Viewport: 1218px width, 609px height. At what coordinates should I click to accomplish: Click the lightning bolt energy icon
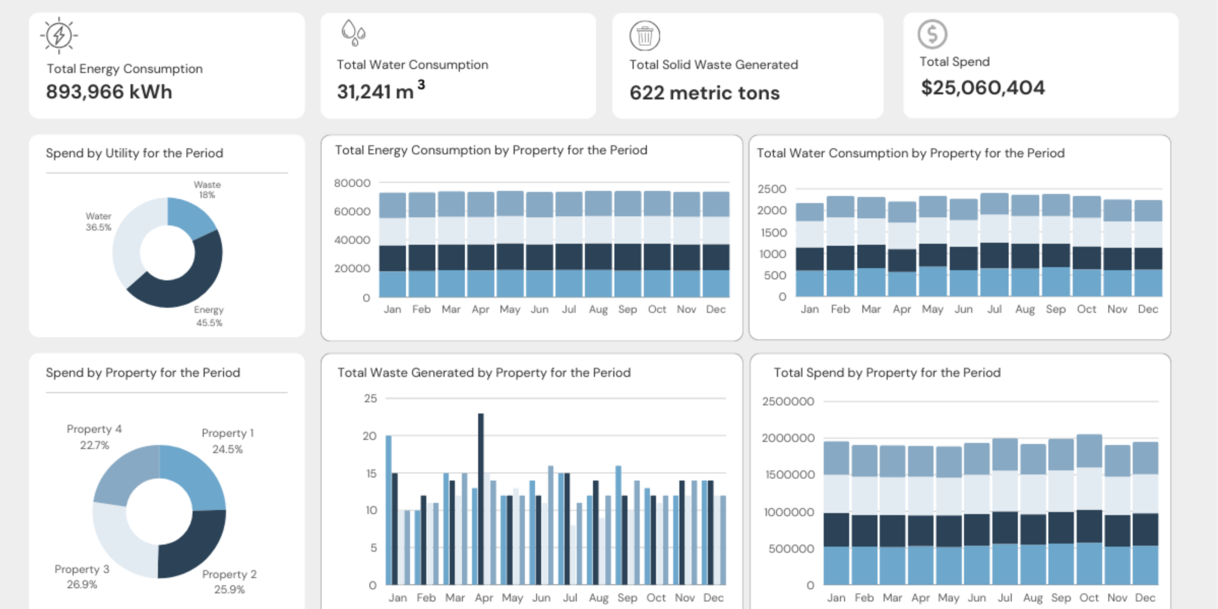pos(59,35)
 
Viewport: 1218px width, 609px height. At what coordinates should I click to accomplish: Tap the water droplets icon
pos(353,32)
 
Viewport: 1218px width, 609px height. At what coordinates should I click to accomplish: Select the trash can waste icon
pos(645,36)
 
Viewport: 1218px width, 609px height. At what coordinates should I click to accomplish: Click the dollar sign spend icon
pos(932,34)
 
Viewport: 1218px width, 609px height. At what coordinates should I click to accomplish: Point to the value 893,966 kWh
pos(109,91)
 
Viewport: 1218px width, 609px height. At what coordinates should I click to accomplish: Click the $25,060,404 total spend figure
pos(982,88)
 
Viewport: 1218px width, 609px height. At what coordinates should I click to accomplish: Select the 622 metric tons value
pos(704,93)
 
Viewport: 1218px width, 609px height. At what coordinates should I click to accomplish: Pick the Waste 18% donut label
pos(207,189)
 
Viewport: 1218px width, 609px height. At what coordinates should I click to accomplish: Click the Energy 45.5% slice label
pos(209,316)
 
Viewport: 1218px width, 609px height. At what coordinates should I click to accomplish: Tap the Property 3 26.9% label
pos(82,576)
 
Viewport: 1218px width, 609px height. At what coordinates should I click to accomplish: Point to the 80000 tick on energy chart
pos(352,183)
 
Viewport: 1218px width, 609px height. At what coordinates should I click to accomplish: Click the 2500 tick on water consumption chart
pos(771,189)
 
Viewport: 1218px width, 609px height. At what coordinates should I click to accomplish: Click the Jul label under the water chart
pos(994,309)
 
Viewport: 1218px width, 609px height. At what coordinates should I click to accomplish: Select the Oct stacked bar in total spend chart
pos(1089,509)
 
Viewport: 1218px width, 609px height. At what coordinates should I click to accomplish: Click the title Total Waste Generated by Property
pos(484,373)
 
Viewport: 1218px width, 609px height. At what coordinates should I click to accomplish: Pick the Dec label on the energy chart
pos(715,309)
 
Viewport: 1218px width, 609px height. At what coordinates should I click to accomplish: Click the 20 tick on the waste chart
pos(369,436)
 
